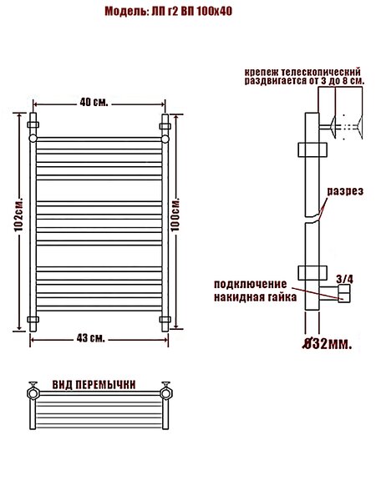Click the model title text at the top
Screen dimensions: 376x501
click(x=169, y=12)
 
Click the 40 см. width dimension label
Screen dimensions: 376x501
click(x=94, y=103)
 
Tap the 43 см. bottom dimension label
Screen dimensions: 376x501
click(x=91, y=338)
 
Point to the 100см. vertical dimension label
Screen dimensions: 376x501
click(x=175, y=214)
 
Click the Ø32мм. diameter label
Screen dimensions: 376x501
click(x=328, y=344)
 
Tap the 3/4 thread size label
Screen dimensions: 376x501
click(x=344, y=279)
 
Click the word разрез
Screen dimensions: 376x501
click(x=345, y=191)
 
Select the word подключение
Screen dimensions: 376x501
click(x=251, y=284)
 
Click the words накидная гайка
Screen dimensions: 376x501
click(x=255, y=297)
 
